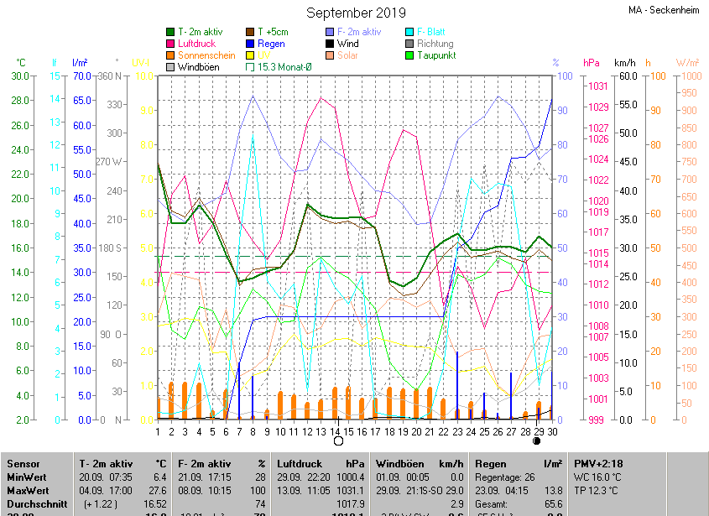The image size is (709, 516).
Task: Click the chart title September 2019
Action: click(356, 13)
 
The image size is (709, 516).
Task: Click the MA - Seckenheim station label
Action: click(663, 10)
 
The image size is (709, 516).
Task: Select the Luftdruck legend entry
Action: click(197, 44)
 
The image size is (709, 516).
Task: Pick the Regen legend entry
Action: click(271, 44)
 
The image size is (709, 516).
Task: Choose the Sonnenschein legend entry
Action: click(206, 55)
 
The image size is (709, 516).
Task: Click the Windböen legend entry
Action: click(199, 66)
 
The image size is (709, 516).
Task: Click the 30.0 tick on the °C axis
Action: click(21, 76)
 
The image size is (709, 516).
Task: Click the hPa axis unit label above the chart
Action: click(592, 63)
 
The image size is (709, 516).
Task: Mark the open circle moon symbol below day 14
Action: click(338, 440)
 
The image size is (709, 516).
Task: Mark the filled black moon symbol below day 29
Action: click(536, 440)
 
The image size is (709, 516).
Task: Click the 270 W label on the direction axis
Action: click(109, 161)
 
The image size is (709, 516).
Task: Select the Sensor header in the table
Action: click(23, 463)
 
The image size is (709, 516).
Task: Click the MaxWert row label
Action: click(28, 490)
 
